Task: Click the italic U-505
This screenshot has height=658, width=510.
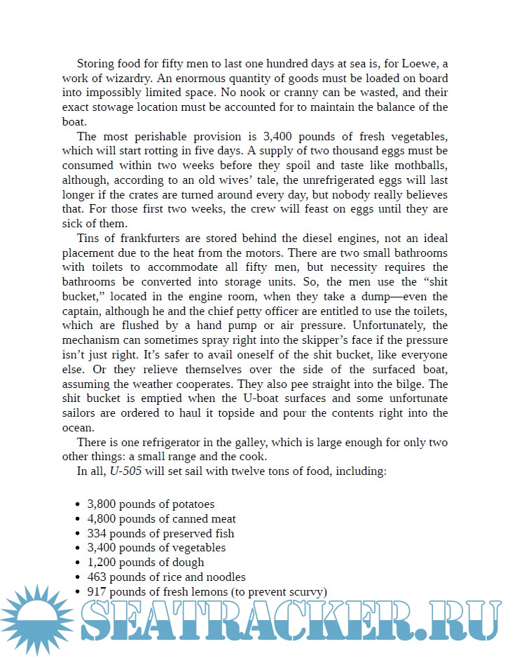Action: (x=125, y=471)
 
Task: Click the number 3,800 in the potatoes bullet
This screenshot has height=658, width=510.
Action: (x=102, y=504)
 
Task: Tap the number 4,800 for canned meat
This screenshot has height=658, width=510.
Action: (x=102, y=518)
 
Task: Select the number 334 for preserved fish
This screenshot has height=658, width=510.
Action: (x=97, y=533)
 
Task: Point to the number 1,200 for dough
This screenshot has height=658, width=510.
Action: (x=102, y=562)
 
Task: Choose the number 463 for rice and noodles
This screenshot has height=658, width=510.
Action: (x=97, y=577)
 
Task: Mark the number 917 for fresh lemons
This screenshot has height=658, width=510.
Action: (x=97, y=591)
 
